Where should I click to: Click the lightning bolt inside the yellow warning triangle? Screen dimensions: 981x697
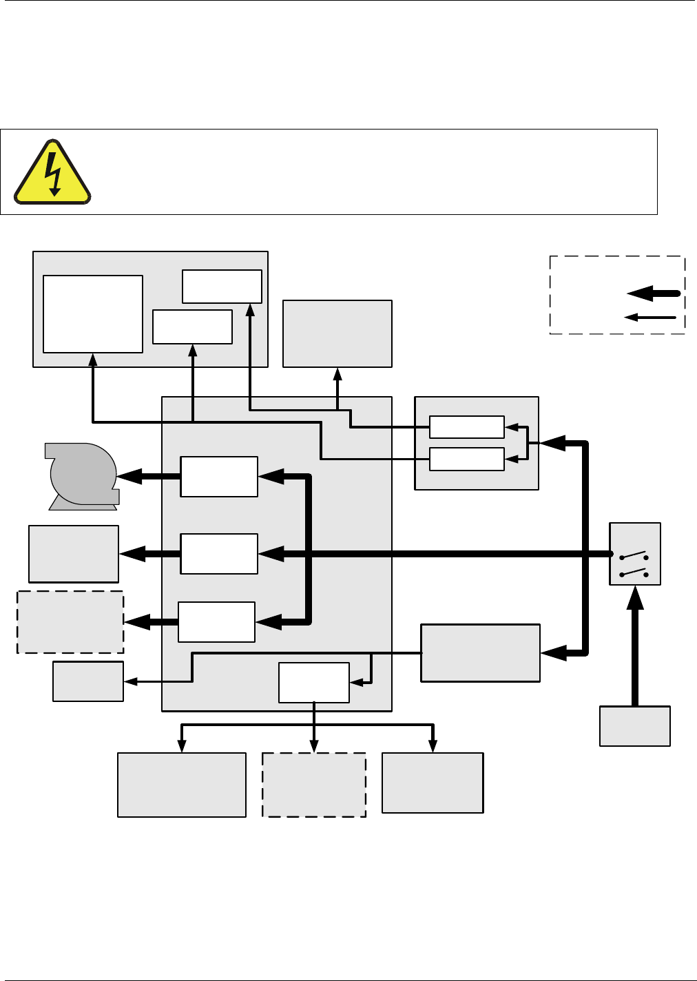(52, 169)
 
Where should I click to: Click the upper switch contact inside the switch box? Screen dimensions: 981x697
(634, 555)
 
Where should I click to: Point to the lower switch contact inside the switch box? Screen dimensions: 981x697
(634, 572)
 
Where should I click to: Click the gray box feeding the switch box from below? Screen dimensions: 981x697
(634, 725)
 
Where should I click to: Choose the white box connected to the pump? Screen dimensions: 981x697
(218, 476)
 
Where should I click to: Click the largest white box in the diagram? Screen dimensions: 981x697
(92, 314)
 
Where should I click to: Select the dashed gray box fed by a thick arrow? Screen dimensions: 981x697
(70, 621)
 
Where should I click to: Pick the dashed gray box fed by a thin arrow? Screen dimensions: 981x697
(313, 785)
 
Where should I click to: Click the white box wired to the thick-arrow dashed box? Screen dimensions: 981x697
(216, 621)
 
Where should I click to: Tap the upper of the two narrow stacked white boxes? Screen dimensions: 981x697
(466, 427)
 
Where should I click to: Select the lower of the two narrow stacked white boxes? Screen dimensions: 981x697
(466, 459)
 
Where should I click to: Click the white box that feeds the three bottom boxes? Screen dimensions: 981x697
(313, 682)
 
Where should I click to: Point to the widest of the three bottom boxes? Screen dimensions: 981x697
(181, 785)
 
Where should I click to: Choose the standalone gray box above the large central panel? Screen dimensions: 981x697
(337, 333)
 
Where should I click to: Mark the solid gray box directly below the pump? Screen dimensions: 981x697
(73, 554)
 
